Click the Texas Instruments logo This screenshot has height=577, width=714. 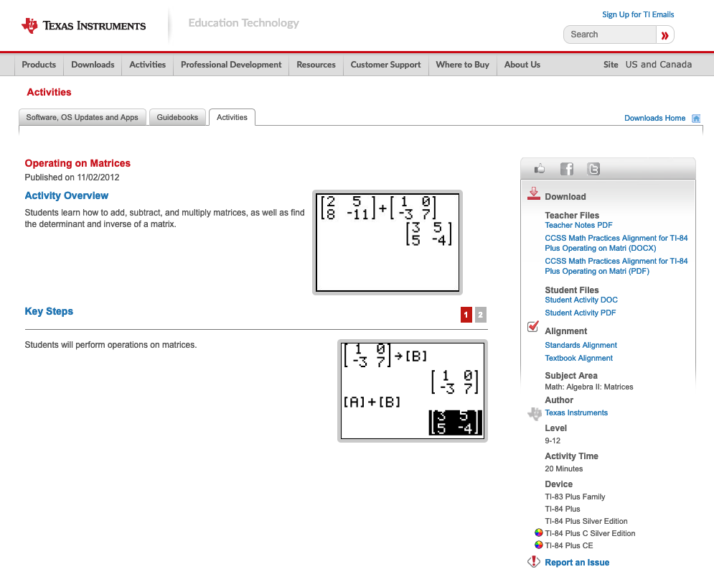click(84, 26)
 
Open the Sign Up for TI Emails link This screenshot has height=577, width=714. click(638, 14)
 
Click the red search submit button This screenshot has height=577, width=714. click(665, 34)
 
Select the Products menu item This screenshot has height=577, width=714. click(39, 65)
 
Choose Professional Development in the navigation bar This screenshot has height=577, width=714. click(231, 65)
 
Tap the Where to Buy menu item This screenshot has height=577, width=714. click(462, 65)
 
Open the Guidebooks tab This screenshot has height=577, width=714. click(177, 117)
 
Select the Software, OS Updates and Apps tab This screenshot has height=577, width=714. click(82, 117)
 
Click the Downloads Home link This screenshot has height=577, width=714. click(654, 118)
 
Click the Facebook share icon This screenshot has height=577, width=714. click(567, 169)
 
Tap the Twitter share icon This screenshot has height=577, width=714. click(593, 169)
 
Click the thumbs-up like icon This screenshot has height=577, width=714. click(540, 169)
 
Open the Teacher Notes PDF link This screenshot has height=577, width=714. click(578, 225)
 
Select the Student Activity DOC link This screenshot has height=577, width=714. click(581, 300)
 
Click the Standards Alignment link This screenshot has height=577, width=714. click(581, 345)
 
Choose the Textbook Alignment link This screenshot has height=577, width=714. click(578, 358)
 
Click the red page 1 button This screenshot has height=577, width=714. click(466, 315)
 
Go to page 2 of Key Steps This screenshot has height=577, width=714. click(481, 315)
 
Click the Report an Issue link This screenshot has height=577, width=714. click(577, 563)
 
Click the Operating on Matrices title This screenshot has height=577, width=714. click(77, 163)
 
